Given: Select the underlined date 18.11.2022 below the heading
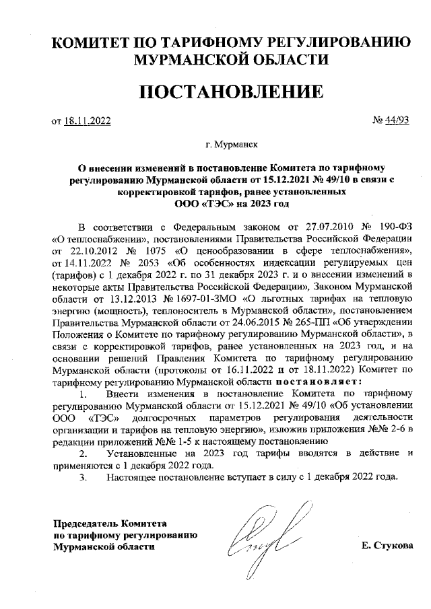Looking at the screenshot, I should coord(88,121).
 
